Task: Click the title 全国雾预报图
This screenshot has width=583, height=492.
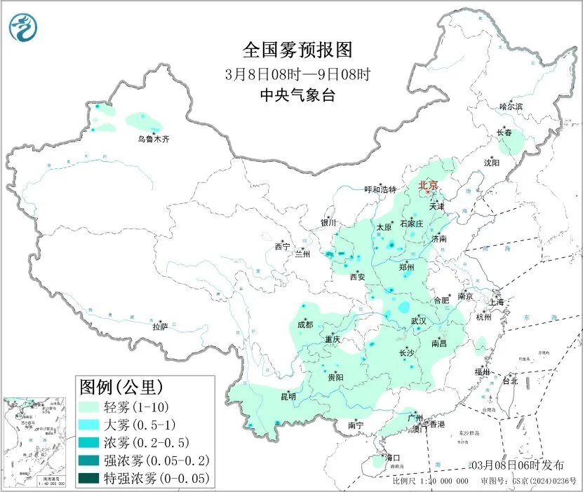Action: [x=295, y=50]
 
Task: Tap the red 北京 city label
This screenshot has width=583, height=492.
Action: [x=427, y=185]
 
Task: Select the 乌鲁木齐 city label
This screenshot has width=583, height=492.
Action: [x=153, y=139]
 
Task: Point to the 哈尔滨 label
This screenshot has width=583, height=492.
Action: [x=511, y=107]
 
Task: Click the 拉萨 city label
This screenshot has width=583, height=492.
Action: [x=160, y=327]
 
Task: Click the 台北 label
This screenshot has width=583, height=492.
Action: [x=509, y=381]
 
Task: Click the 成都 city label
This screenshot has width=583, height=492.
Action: [x=304, y=324]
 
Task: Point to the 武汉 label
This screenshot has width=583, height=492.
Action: [x=419, y=320]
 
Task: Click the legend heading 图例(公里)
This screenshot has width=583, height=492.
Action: [x=121, y=386]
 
